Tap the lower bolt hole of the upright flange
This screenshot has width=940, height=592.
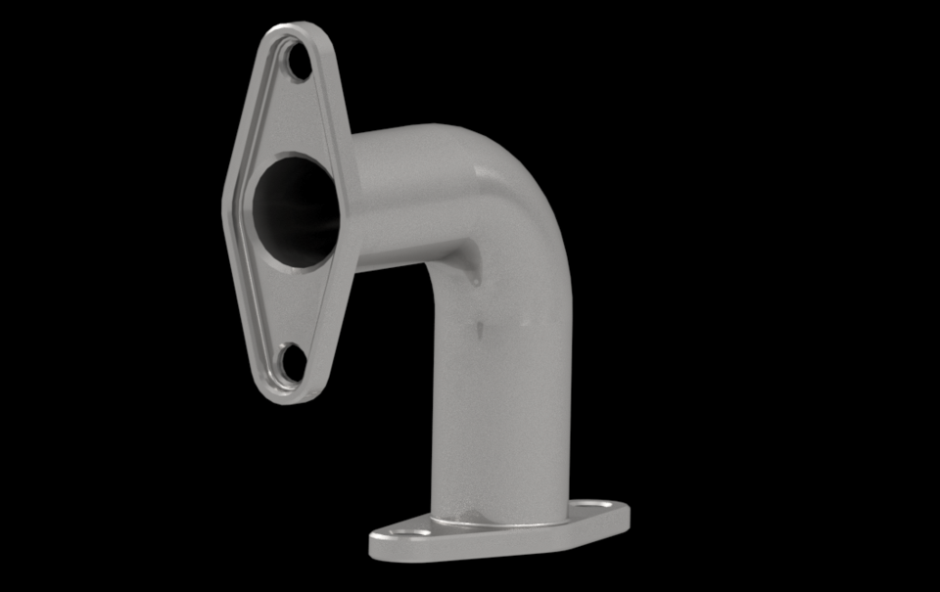click(x=292, y=363)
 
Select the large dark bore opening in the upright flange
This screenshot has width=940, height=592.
click(x=296, y=209)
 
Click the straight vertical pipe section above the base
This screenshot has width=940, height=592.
click(x=499, y=411)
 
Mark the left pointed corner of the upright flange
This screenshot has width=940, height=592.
click(x=226, y=201)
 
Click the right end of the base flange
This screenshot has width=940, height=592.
click(x=626, y=513)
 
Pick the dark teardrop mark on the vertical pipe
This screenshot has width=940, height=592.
click(x=481, y=329)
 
